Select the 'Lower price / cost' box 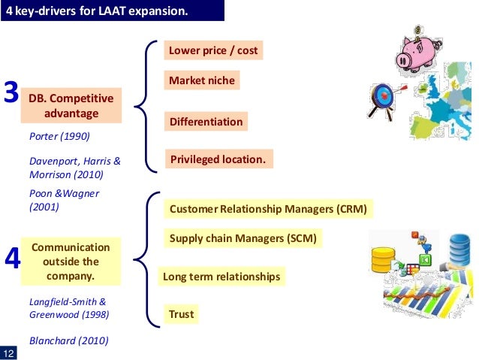point(213,51)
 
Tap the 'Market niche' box point(202,80)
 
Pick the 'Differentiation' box point(206,122)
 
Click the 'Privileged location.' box point(218,159)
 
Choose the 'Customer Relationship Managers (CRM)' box point(268,209)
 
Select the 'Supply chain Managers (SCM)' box point(243,239)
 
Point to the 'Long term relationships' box point(221,277)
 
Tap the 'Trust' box point(181,315)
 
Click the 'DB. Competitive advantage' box point(71,105)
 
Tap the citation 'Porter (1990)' point(59,137)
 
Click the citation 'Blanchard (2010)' point(68,340)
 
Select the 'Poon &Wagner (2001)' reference point(63,200)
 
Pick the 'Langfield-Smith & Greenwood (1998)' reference point(68,307)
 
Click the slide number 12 point(9,354)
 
